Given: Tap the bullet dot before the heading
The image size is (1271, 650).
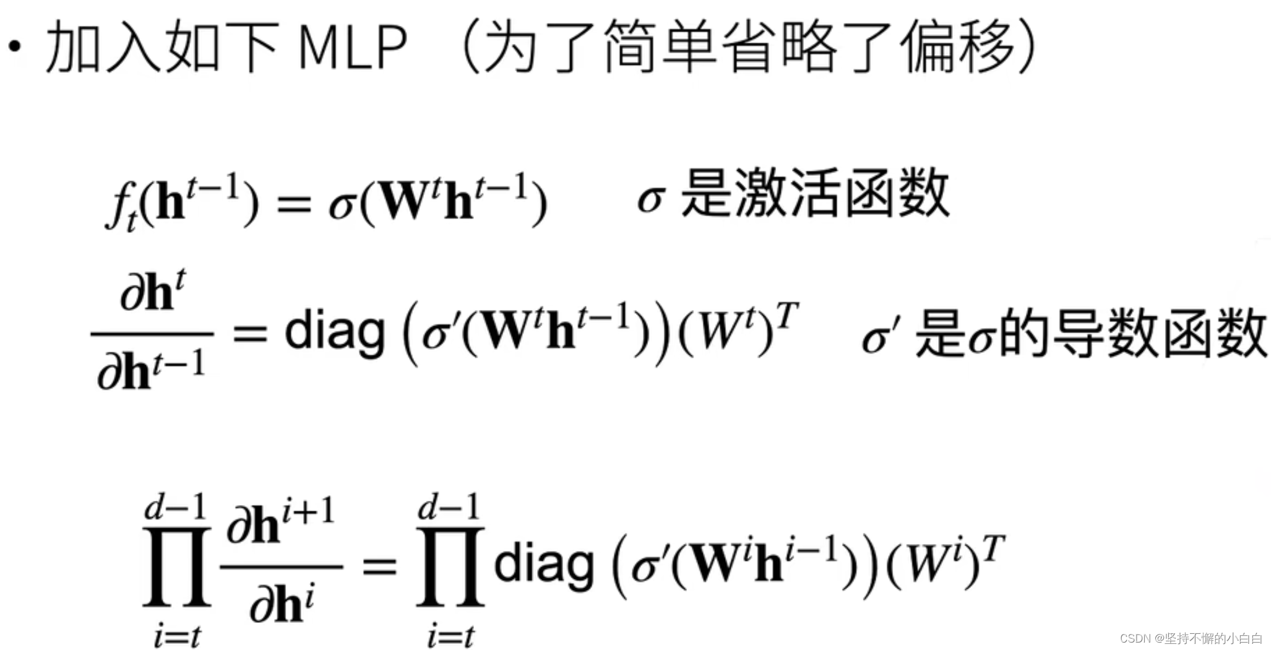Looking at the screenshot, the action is tap(15, 46).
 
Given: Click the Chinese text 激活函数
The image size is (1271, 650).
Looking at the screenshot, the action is tap(842, 193).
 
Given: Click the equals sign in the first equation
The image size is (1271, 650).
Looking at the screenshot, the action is tap(294, 204).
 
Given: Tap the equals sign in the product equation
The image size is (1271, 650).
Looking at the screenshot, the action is tap(379, 566).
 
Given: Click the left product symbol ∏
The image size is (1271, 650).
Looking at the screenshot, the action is tap(176, 566).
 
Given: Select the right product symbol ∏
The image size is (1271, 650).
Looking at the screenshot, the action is tap(450, 566).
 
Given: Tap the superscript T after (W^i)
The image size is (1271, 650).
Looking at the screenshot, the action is tap(994, 548).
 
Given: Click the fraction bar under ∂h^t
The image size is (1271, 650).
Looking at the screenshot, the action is tap(152, 334).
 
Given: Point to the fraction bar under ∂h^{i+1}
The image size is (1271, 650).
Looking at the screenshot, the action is tap(282, 566).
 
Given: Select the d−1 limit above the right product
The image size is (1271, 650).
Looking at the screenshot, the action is tap(449, 508).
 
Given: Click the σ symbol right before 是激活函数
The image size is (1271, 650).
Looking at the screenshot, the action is tap(651, 199).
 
